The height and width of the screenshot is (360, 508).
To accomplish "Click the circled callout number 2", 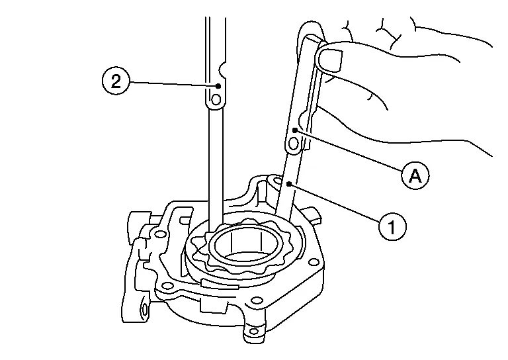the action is [116, 81].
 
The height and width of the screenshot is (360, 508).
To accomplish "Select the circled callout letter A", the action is [415, 176].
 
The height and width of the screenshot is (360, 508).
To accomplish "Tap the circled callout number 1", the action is [392, 226].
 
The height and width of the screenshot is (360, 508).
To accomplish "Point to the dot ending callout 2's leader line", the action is [218, 86].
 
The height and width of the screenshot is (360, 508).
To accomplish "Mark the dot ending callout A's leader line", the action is [295, 130].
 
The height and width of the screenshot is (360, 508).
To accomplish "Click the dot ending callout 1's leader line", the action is [289, 184].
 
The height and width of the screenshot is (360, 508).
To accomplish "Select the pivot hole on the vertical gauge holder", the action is [216, 99].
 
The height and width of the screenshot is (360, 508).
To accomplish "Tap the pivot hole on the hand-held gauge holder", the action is [294, 143].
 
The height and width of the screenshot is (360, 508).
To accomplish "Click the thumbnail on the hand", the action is [330, 58].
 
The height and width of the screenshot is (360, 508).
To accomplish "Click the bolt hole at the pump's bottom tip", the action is [254, 331].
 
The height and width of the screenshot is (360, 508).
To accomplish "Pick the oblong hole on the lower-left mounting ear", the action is [145, 309].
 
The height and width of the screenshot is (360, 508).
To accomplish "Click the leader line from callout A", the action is [349, 151].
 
